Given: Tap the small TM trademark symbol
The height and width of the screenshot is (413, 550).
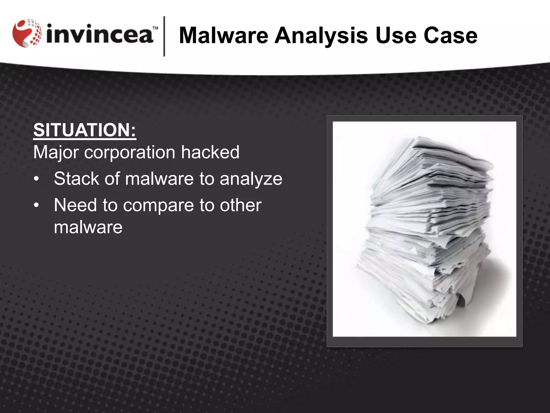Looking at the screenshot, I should point(155,28).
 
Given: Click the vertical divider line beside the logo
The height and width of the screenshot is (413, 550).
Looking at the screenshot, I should point(164,36).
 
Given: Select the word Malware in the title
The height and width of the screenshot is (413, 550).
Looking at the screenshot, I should point(223,35).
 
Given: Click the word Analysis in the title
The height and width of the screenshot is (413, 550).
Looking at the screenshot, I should point(321,35).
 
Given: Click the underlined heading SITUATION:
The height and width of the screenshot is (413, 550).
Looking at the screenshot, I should point(85,130).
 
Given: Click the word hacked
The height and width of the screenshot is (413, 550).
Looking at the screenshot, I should point(210,152).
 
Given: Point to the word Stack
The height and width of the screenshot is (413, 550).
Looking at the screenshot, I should point(76,179).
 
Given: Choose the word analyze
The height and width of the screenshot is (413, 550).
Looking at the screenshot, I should point(251,179).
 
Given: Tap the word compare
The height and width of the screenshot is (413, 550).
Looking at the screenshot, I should point(158,205).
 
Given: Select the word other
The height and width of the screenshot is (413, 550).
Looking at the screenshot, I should point(241,205).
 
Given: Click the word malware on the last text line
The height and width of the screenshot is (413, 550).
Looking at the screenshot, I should point(88,227).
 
